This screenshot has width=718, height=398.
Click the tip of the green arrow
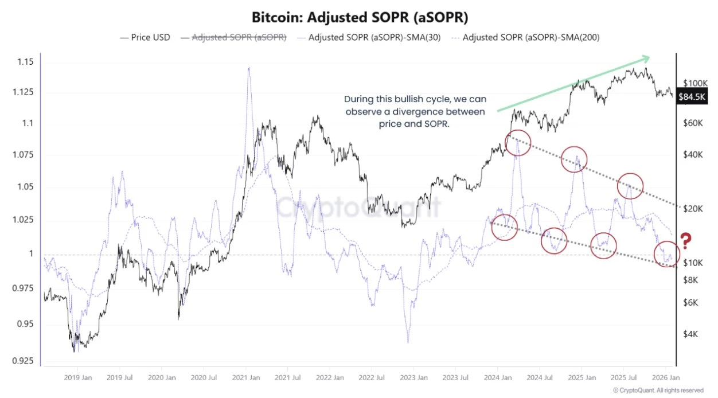(x=650, y=57)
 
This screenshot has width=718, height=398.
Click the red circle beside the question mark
(x=666, y=253)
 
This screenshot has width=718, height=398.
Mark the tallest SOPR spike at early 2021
(x=248, y=68)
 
